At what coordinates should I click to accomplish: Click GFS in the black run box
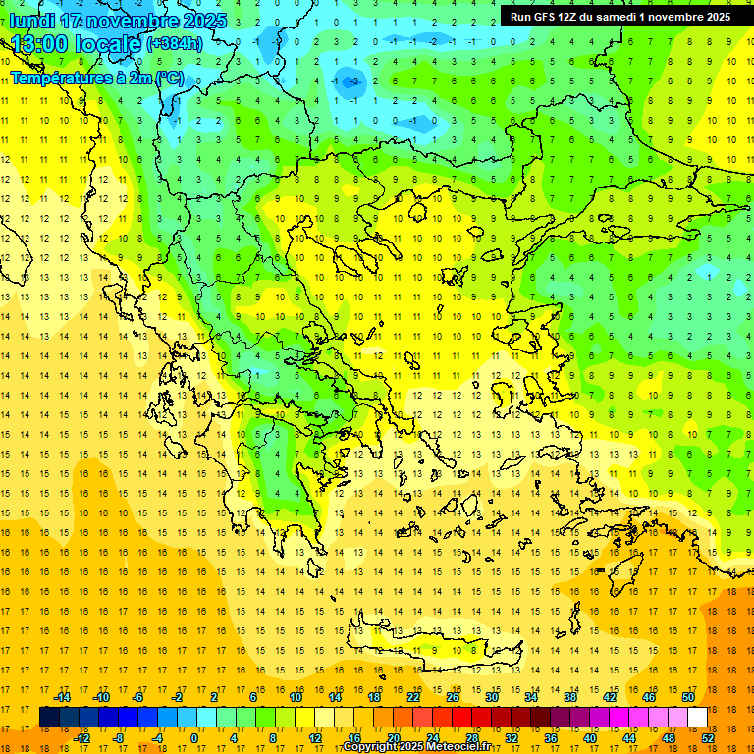click(547, 17)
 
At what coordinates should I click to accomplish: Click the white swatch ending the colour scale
click(698, 718)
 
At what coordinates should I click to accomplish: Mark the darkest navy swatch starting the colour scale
click(49, 718)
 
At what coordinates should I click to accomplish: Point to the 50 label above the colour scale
click(687, 697)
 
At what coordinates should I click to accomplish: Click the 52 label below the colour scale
click(708, 737)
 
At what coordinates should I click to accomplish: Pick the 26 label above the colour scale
click(453, 697)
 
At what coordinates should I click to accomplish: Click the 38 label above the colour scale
click(569, 697)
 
